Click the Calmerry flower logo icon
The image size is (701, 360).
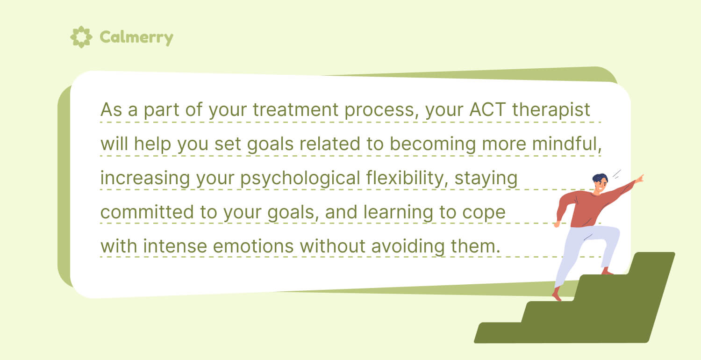coord(81,37)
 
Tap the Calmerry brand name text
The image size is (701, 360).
coord(136,37)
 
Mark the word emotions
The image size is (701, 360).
coord(250,246)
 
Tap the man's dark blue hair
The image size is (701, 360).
coord(600,178)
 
